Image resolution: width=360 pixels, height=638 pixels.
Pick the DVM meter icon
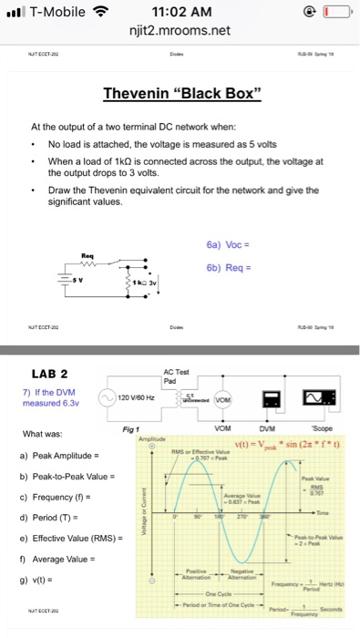272,398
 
